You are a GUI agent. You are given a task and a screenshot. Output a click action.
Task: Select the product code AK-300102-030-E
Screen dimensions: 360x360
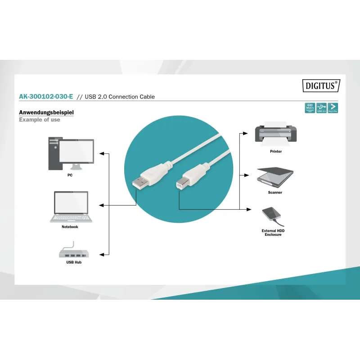(x=46, y=97)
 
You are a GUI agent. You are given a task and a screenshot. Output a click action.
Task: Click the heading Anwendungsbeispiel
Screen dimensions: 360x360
(x=46, y=112)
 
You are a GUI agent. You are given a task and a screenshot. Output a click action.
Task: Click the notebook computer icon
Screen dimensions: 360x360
(x=71, y=207)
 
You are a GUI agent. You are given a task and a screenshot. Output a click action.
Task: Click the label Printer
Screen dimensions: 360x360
(x=276, y=152)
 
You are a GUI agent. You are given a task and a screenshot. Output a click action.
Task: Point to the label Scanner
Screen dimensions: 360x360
(x=275, y=193)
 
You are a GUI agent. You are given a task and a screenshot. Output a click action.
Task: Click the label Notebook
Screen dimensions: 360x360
(x=70, y=227)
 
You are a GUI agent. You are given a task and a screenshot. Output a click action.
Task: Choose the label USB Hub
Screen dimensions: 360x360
(x=74, y=262)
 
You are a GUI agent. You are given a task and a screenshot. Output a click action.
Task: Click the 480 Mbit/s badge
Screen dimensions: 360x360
(x=310, y=108)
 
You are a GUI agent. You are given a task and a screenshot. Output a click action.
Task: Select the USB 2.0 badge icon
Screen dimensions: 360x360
(x=321, y=108)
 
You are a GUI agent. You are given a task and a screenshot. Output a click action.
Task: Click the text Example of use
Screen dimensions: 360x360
(x=40, y=120)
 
